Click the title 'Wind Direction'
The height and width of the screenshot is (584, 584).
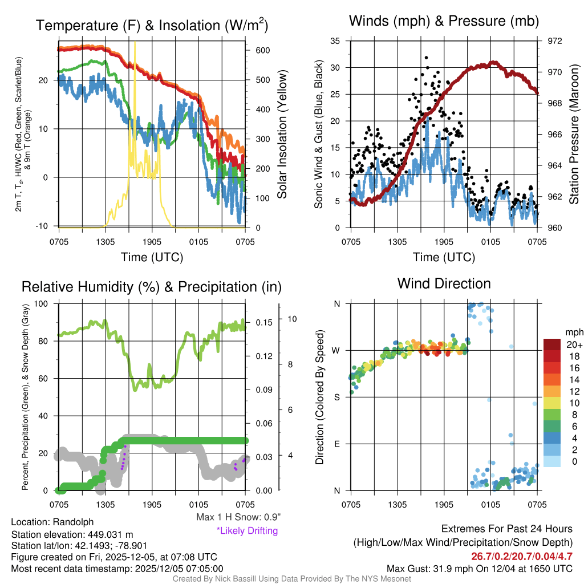[x=444, y=283]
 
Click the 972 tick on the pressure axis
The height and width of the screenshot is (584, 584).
[x=555, y=41]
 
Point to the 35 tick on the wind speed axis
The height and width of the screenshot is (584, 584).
[x=335, y=41]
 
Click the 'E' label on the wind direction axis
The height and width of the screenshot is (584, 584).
[x=336, y=444]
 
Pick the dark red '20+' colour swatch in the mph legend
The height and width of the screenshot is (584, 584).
[x=552, y=344]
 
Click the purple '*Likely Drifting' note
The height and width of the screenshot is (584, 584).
[x=247, y=531]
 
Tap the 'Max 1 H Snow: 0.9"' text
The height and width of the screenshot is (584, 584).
[x=238, y=517]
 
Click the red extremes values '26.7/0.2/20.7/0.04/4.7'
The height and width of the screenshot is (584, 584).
[x=522, y=557]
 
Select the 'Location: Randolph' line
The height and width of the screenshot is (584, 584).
[x=52, y=522]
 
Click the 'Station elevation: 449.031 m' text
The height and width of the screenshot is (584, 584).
[x=72, y=534]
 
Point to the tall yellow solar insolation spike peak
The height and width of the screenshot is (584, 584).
[x=135, y=43]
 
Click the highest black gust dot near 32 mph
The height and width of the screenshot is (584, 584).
[x=426, y=58]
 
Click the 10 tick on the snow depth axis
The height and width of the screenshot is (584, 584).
[x=291, y=319]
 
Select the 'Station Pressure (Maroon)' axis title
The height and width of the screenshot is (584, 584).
[x=574, y=135]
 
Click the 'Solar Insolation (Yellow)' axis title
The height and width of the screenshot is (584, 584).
[x=282, y=135]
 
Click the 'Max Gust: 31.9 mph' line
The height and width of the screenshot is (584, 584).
[x=479, y=569]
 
